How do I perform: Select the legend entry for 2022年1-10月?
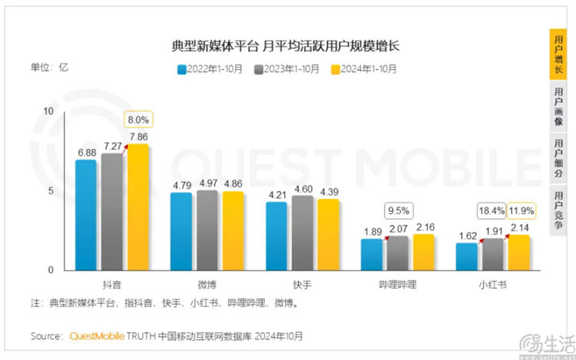210,68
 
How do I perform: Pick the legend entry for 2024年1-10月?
363,68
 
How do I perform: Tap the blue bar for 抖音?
86,215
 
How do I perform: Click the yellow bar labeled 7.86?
138,207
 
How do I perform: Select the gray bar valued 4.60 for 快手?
303,233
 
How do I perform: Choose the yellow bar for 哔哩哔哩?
423,253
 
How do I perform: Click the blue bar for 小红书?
466,256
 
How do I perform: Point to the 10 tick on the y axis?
49,111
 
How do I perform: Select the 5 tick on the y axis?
51,190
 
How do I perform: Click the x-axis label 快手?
303,284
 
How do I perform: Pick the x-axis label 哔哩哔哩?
397,284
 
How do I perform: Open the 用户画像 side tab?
558,107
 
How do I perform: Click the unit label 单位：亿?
50,67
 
